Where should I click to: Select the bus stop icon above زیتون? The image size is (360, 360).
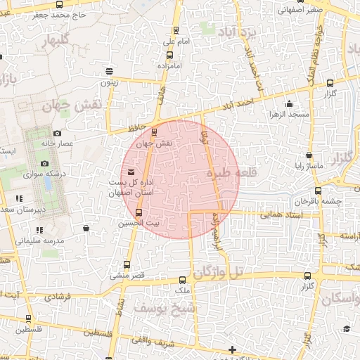coord(109,71)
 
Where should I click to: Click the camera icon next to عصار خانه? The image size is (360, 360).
coord(58,133)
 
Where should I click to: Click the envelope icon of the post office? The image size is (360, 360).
coord(131,172)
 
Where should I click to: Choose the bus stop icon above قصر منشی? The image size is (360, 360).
coord(127,264)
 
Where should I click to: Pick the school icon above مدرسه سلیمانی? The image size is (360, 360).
coord(40,229)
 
